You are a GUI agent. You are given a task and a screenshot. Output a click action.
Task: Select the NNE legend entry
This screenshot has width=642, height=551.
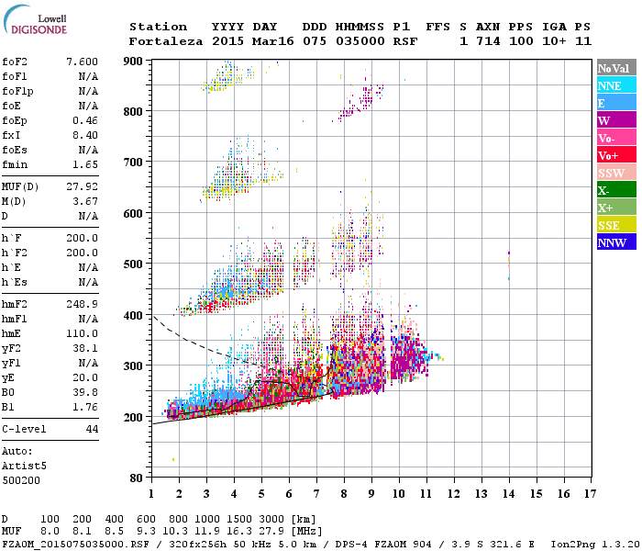(616, 85)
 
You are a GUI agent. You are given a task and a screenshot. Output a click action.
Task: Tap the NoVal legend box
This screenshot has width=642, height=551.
(616, 68)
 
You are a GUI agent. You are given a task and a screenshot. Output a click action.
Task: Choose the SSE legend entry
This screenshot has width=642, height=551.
(616, 225)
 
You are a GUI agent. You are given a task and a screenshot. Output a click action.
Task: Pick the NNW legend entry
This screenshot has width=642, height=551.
(616, 242)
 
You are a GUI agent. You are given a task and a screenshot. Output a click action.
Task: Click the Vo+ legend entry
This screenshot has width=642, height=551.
(616, 155)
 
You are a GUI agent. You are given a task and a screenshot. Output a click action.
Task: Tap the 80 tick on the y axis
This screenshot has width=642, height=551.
(136, 478)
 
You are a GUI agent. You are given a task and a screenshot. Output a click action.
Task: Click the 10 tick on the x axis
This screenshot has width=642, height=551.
(398, 494)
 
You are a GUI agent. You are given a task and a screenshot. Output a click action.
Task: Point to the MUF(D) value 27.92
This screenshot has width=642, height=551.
(82, 186)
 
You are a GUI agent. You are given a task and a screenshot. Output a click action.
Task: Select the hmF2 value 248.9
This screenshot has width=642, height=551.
(82, 303)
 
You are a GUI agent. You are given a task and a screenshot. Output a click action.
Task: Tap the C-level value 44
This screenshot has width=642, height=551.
(92, 429)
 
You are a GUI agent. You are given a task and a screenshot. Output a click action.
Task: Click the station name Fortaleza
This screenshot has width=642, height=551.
(166, 41)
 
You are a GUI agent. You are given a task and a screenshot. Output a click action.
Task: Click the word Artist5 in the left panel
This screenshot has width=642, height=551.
(22, 466)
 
